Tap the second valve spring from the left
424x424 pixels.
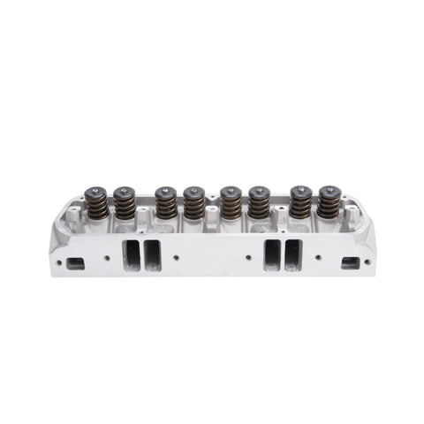(125, 205)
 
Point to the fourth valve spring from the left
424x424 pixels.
(193, 205)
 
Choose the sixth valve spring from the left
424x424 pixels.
(260, 205)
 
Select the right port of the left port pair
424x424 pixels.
(152, 254)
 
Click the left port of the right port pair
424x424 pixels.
(271, 254)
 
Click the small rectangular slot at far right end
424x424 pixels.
(349, 262)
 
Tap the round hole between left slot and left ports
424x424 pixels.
(107, 257)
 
